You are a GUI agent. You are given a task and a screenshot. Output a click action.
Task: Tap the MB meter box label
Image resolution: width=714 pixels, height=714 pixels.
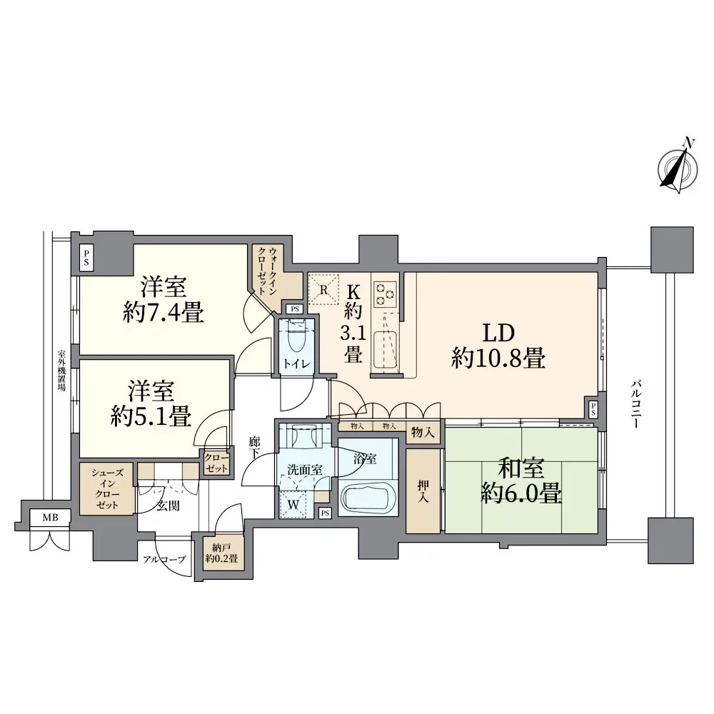pos(50,518)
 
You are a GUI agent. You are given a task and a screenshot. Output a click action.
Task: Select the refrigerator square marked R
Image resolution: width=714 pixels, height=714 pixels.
pos(323,288)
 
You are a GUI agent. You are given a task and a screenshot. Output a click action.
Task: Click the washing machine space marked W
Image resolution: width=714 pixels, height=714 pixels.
pos(293,505)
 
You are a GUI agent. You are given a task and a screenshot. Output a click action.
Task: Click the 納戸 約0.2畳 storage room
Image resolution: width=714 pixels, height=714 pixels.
pos(222,553)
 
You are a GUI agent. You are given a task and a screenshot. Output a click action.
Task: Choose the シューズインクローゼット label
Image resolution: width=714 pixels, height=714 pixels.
pos(108,489)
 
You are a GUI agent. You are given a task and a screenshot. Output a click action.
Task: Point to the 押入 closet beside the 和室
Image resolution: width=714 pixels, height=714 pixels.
pos(423,491)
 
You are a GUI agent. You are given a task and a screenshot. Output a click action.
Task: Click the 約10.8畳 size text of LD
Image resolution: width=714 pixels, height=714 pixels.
pos(498,358)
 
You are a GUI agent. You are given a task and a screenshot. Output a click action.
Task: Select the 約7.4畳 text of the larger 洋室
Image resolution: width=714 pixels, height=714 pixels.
pos(163,313)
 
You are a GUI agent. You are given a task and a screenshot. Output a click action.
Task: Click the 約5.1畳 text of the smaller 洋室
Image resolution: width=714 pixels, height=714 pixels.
pos(151,416)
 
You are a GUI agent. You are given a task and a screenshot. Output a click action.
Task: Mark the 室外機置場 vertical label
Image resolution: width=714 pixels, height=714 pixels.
pos(61,370)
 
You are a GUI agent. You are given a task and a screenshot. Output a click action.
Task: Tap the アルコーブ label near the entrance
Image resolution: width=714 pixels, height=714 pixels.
pos(164,559)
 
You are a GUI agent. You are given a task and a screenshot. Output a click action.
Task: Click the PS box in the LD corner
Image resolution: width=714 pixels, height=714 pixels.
pos(593,409)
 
